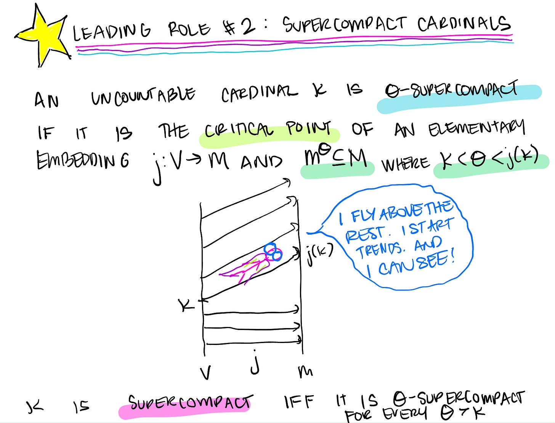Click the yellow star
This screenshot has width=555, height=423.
click(43, 36)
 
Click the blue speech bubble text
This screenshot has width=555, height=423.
click(399, 238)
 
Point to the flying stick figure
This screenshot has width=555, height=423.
click(253, 265)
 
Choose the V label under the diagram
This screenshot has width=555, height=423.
click(205, 372)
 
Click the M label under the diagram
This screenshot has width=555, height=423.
click(305, 371)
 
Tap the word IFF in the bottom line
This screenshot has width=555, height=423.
click(299, 402)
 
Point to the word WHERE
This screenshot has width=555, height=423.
click(405, 164)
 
